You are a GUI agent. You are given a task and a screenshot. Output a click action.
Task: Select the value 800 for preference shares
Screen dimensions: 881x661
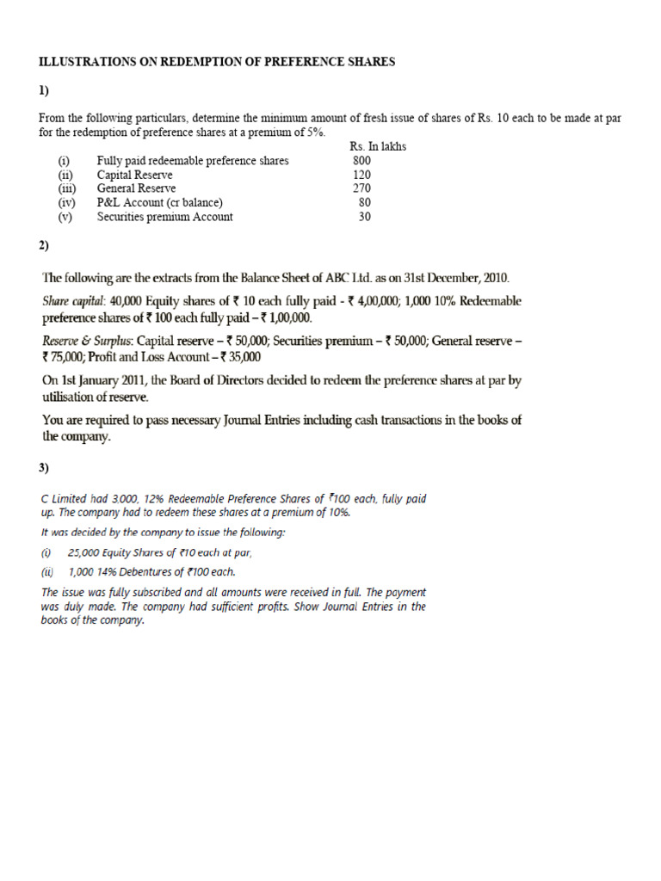click(362, 161)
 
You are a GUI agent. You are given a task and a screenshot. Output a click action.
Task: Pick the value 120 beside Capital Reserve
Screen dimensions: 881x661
click(362, 175)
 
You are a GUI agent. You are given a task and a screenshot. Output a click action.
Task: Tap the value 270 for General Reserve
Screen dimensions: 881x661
click(362, 188)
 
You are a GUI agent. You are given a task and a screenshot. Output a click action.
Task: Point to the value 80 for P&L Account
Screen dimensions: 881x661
click(365, 203)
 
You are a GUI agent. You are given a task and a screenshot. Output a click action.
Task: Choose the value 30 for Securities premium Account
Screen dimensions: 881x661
click(365, 217)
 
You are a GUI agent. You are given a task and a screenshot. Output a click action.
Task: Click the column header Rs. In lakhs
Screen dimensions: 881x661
click(379, 146)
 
